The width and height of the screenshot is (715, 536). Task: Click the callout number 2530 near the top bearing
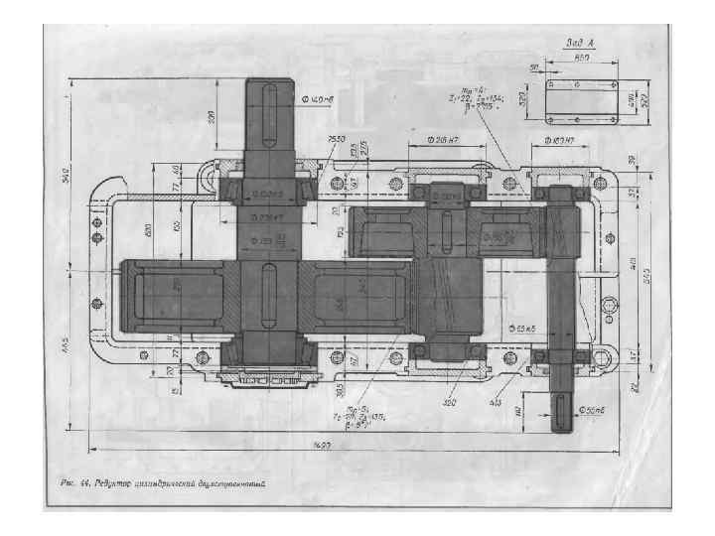[x=336, y=140]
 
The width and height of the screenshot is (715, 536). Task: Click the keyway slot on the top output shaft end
[x=270, y=111]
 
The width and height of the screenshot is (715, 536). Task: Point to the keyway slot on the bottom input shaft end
[x=563, y=410]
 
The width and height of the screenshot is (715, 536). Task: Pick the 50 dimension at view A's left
[x=533, y=67]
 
